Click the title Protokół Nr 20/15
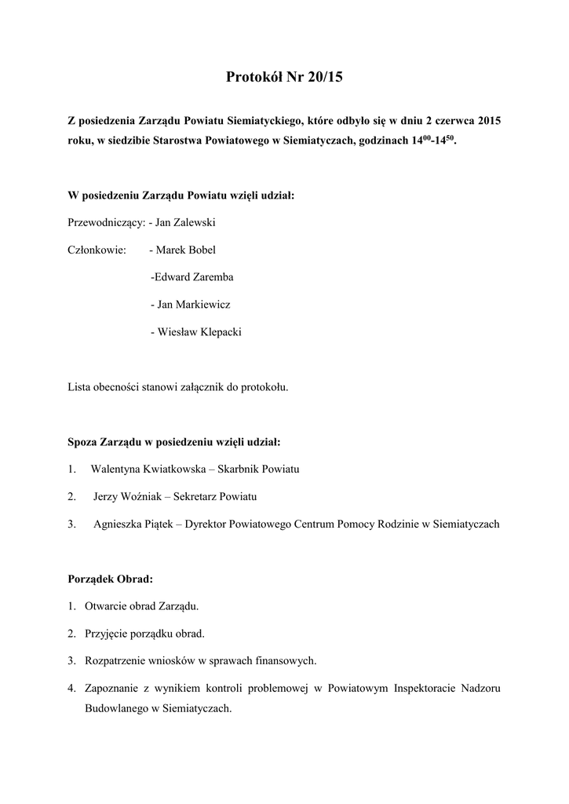point(284,77)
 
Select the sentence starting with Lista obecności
point(178,387)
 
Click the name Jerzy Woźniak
point(128,497)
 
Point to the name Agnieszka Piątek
point(134,524)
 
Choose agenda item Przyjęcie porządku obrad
point(144,634)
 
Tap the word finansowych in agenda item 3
point(289,661)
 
